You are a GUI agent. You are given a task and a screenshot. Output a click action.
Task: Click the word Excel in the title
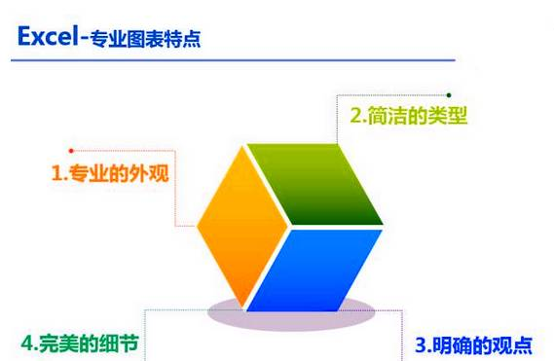click(x=49, y=38)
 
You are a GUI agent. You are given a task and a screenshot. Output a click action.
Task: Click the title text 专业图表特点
click(x=146, y=40)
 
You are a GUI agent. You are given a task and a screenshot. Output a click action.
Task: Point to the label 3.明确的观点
click(x=474, y=344)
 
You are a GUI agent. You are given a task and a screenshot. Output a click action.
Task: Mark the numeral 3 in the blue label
click(x=421, y=344)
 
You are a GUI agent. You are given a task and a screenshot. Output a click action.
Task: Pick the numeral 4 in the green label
click(x=27, y=343)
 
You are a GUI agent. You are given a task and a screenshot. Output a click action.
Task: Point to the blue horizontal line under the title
click(x=234, y=60)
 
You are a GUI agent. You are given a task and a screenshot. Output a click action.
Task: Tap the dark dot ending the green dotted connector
click(x=449, y=94)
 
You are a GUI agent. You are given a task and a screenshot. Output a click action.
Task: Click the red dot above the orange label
click(x=71, y=150)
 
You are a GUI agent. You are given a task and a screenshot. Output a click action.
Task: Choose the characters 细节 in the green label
click(x=122, y=343)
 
